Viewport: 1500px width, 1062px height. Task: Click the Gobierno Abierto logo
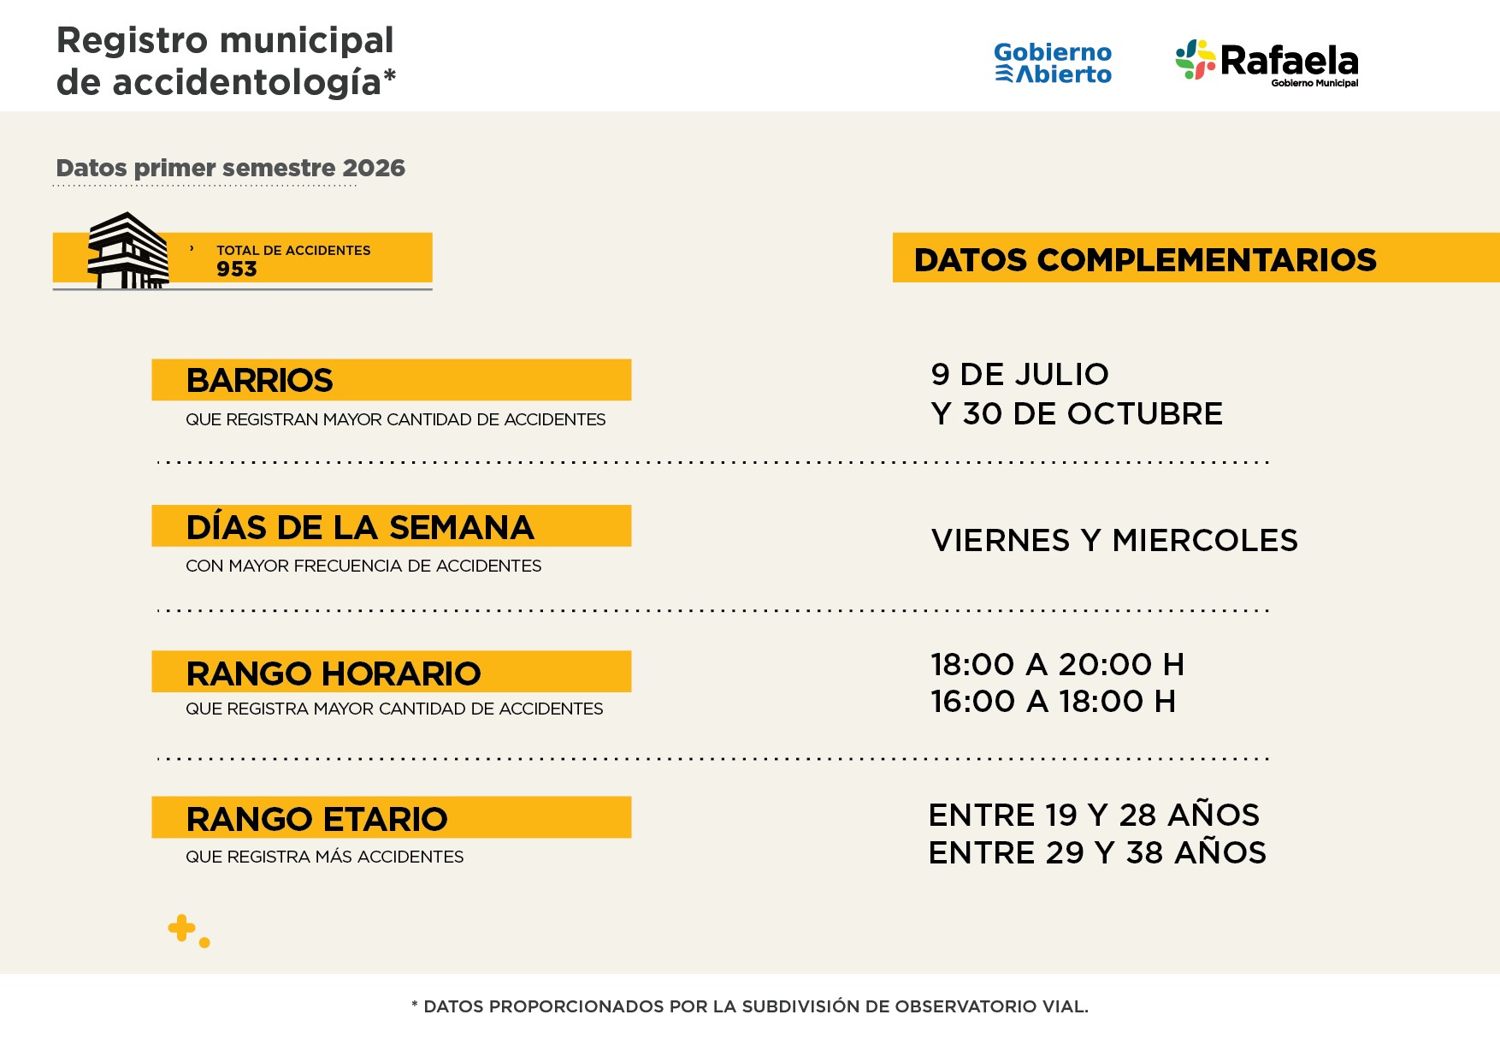click(x=1053, y=63)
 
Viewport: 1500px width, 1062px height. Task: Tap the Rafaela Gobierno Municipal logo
click(x=1267, y=62)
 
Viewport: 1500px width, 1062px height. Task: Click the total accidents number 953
click(x=237, y=269)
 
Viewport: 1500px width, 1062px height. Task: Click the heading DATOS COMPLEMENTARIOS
click(x=1145, y=259)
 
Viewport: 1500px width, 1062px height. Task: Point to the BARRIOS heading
click(x=259, y=380)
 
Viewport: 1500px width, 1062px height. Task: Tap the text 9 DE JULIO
click(x=1019, y=374)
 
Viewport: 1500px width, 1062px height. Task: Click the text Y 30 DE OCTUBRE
click(x=1077, y=413)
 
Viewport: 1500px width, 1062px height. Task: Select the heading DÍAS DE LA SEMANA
click(x=360, y=526)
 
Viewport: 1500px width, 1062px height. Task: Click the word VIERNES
click(x=1001, y=540)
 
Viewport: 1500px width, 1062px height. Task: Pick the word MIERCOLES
click(x=1205, y=540)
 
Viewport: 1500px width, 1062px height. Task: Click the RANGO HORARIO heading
click(x=334, y=673)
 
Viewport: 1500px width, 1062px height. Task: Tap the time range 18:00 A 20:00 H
click(x=1058, y=664)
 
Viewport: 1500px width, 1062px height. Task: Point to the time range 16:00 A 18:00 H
click(x=1054, y=701)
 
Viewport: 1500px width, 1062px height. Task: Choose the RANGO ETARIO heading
click(x=316, y=819)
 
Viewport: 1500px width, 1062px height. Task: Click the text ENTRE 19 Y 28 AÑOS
click(x=1094, y=815)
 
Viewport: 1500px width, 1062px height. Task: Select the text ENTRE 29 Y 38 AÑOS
click(x=1097, y=852)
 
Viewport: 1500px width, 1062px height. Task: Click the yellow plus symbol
click(x=181, y=928)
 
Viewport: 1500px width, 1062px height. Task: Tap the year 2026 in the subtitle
click(x=374, y=168)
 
